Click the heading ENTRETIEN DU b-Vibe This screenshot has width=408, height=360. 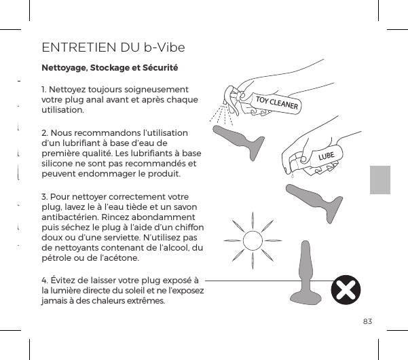click(x=113, y=48)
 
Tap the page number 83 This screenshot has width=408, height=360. click(x=367, y=321)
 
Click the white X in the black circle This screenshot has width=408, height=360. click(x=346, y=291)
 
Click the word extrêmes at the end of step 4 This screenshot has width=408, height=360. click(x=141, y=302)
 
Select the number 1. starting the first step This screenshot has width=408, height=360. click(x=45, y=89)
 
